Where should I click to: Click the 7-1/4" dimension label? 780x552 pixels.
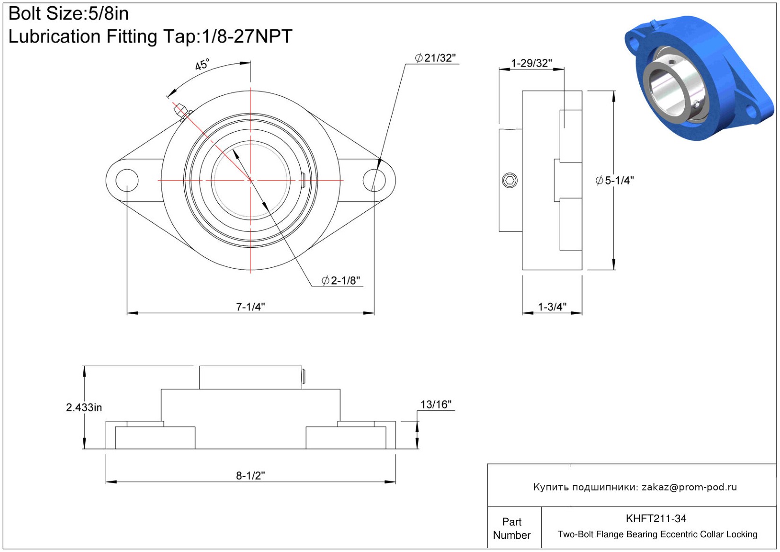(251, 307)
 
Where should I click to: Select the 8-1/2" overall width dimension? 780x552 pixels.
(251, 476)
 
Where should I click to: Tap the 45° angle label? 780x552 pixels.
(202, 64)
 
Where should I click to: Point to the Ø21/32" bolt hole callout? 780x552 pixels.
(435, 58)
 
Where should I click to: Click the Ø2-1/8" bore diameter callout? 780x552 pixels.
(341, 281)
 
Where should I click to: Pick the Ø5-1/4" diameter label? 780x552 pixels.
(615, 181)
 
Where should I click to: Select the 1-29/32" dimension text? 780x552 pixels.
(531, 63)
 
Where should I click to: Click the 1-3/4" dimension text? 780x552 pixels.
(552, 307)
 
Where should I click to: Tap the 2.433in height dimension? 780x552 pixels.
(84, 407)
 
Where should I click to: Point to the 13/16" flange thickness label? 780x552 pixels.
(436, 405)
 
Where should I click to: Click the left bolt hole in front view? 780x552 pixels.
(127, 181)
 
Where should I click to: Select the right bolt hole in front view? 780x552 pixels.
(374, 181)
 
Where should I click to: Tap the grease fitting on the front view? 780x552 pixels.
(183, 111)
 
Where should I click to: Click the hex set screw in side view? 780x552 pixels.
(510, 181)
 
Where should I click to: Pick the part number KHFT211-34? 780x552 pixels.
(656, 518)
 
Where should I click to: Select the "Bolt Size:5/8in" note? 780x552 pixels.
(68, 14)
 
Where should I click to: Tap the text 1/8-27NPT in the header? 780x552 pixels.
(247, 36)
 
